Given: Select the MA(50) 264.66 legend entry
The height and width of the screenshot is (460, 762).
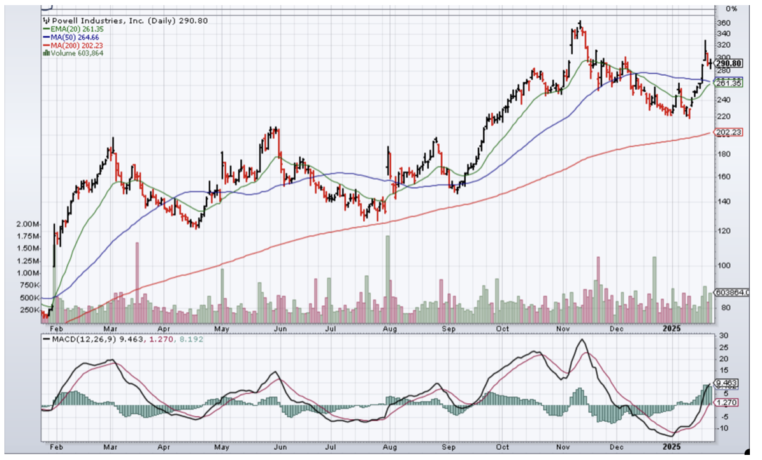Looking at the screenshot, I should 72,38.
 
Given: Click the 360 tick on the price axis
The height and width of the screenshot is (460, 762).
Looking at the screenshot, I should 722,23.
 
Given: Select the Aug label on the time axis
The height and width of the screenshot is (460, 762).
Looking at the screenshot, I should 390,329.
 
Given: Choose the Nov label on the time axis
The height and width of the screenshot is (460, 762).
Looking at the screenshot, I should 563,329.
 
